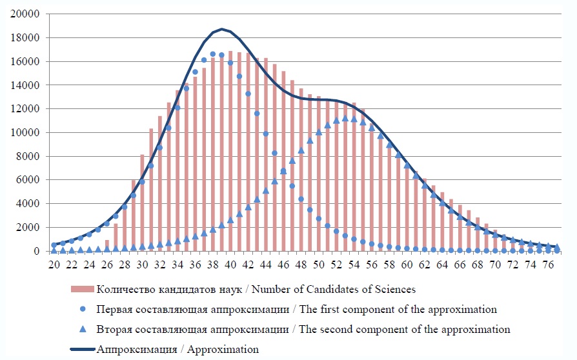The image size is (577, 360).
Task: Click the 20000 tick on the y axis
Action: tap(28, 14)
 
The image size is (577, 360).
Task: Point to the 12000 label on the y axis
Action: tap(28, 109)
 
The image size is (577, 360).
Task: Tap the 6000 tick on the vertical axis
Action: tap(30, 180)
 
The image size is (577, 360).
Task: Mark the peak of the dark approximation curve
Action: tap(221, 29)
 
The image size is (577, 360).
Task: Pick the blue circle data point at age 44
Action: tap(265, 134)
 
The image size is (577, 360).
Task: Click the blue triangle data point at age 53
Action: tap(345, 118)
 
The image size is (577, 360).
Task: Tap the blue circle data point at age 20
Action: tap(54, 245)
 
